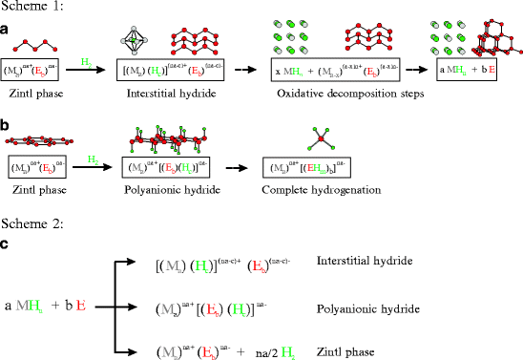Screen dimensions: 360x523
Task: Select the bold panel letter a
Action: (6, 31)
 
